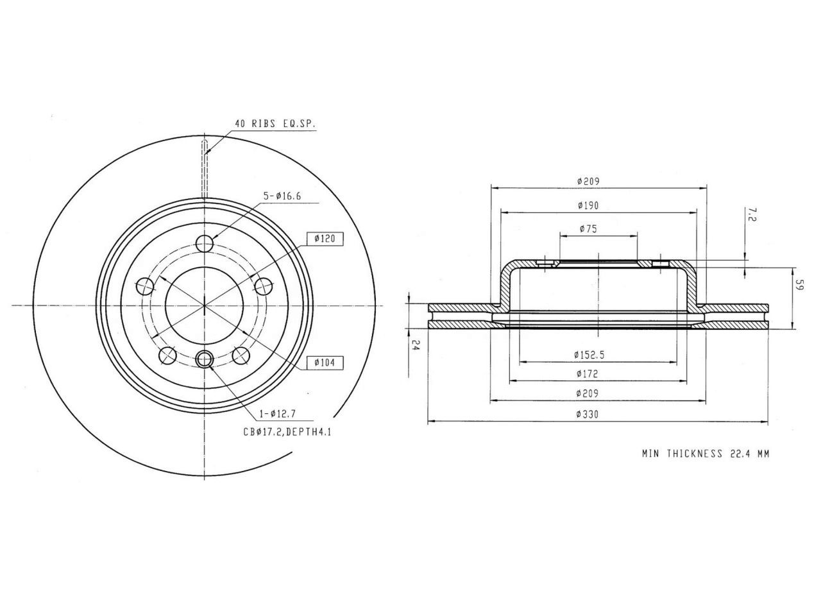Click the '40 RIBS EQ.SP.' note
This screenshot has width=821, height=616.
coord(275,124)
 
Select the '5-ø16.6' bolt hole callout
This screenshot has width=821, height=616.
coord(282,196)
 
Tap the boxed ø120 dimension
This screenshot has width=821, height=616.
coord(325,239)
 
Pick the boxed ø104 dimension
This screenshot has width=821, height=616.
coord(325,363)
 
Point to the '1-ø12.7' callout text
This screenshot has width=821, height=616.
coord(278,414)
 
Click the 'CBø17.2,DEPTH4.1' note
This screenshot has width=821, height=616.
coord(287,432)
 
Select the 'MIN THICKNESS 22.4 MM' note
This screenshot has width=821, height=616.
coord(706,454)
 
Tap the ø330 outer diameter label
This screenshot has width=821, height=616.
coord(588,415)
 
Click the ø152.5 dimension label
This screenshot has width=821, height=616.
coord(589,355)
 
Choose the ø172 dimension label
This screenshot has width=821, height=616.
coord(588,373)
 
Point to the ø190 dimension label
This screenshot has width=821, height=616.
coord(588,205)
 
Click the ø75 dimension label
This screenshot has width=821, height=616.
coord(588,229)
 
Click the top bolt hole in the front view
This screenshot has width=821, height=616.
coord(205,244)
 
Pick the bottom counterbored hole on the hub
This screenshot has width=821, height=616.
coord(205,359)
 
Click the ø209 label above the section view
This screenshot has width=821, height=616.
coord(588,182)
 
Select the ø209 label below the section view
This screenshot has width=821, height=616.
coord(588,393)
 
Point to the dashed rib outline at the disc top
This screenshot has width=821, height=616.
coord(205,169)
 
